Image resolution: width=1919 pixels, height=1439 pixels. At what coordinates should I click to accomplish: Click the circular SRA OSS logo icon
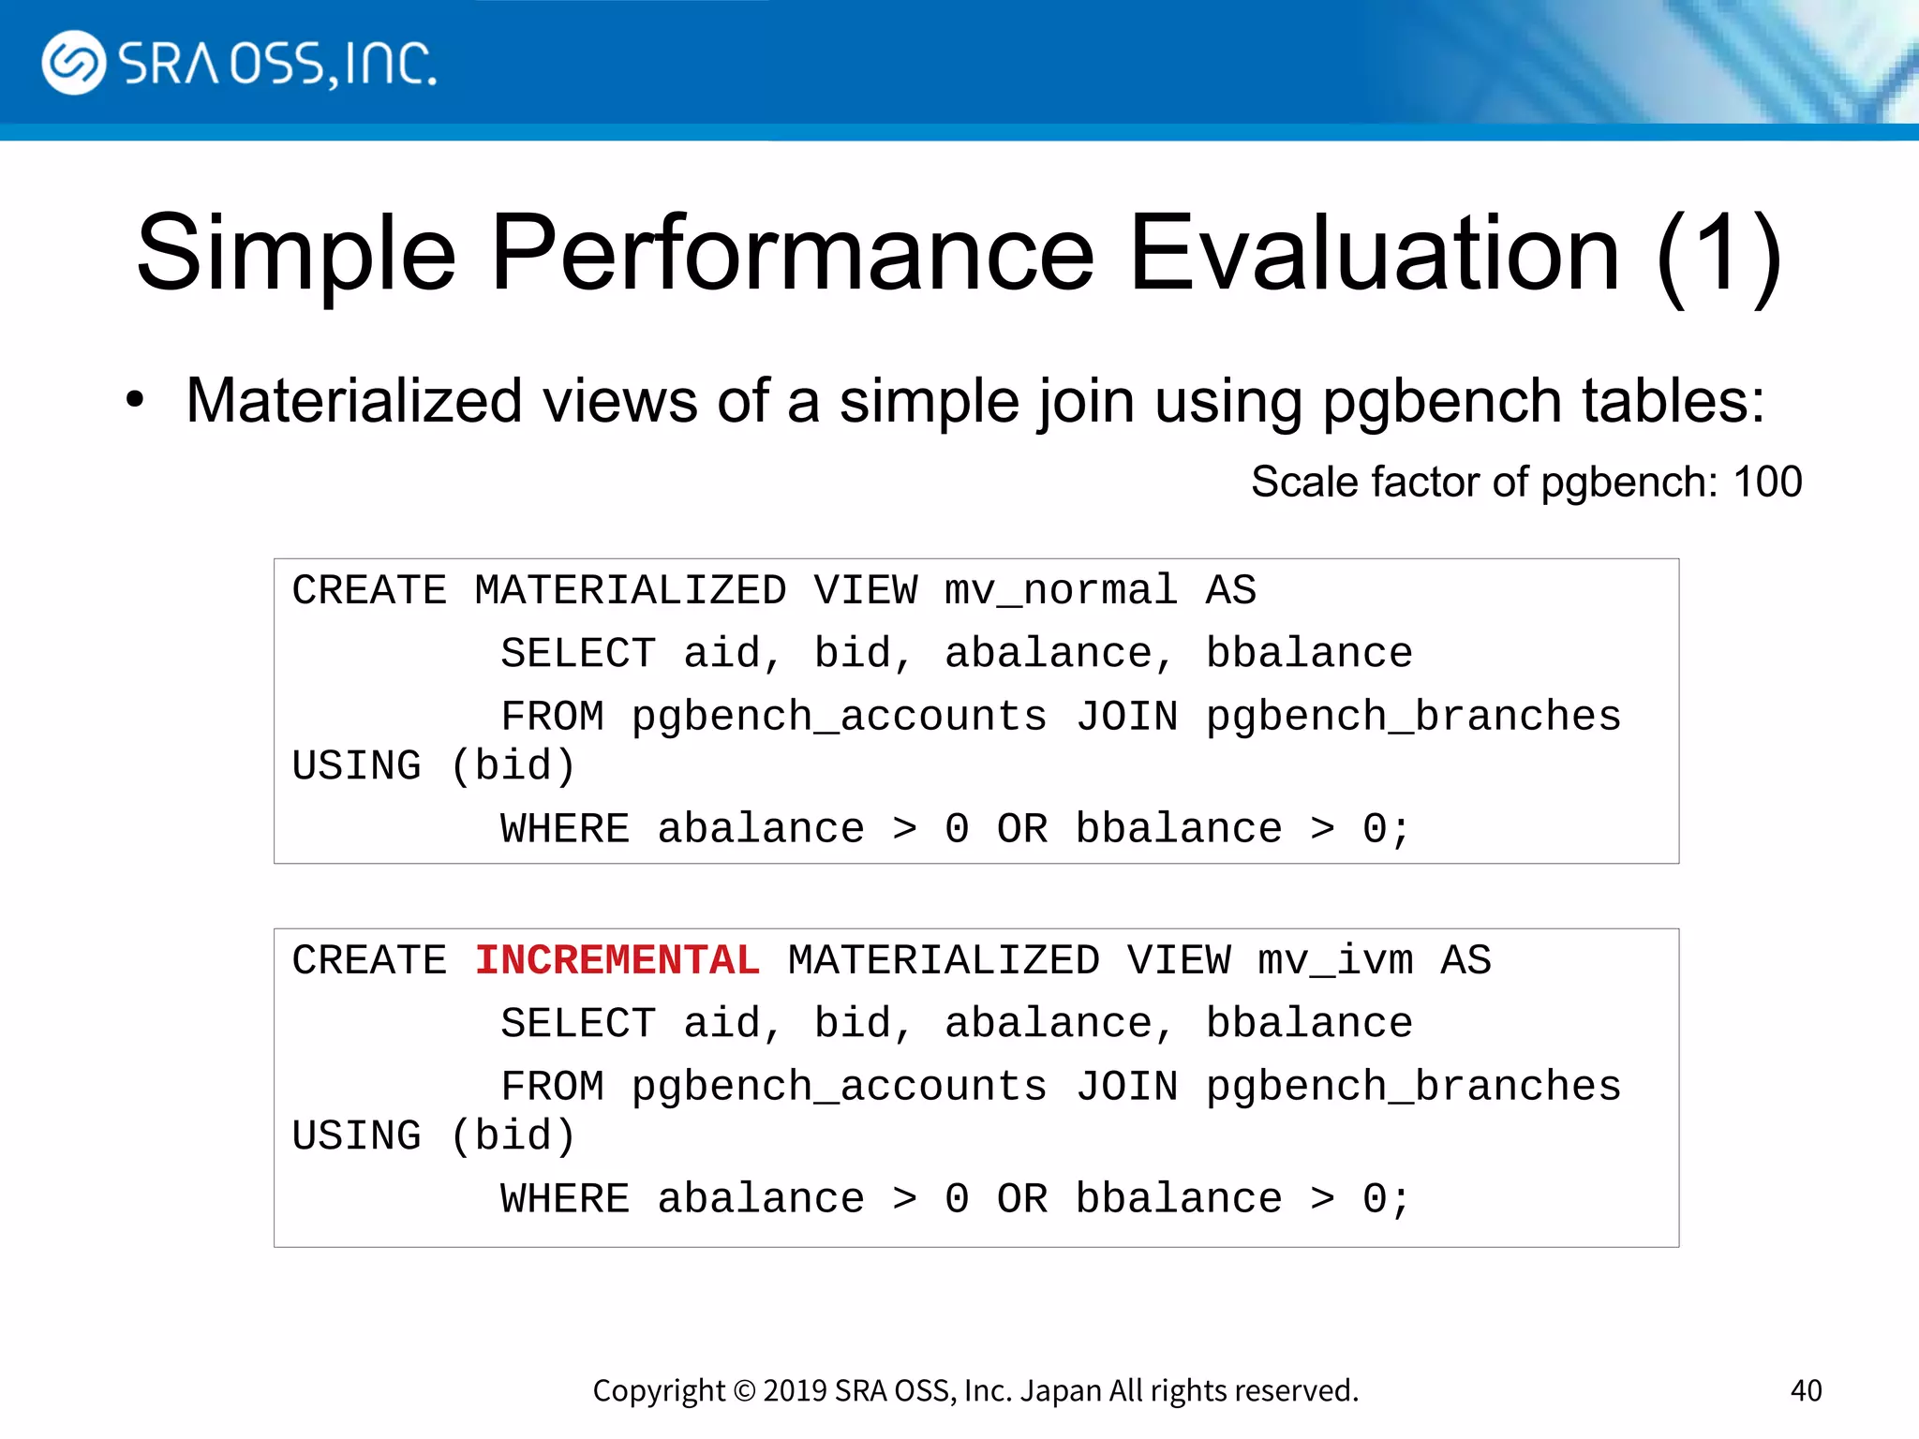click(x=73, y=63)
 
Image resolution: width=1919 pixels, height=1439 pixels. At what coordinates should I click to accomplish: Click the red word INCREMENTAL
click(x=617, y=961)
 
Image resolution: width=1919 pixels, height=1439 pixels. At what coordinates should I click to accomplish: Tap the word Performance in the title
click(x=792, y=253)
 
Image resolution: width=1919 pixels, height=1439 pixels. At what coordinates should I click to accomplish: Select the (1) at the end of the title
click(x=1718, y=255)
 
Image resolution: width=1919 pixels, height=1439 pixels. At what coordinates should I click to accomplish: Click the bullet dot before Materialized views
click(x=135, y=400)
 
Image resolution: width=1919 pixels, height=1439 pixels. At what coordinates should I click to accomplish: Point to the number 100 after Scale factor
click(x=1767, y=482)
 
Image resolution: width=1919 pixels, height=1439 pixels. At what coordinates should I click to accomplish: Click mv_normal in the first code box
click(x=1060, y=591)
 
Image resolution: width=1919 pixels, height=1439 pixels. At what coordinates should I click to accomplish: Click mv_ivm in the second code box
click(x=1334, y=961)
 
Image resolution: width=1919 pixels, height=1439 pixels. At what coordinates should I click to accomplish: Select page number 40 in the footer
click(x=1806, y=1390)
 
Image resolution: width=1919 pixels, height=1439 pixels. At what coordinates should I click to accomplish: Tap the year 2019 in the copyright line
click(x=795, y=1391)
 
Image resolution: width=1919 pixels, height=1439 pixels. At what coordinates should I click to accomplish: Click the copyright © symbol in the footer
click(x=744, y=1391)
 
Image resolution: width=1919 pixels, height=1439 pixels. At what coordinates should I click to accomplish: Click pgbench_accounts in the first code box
click(x=839, y=718)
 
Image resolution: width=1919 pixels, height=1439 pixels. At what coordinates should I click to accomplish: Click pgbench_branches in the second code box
click(x=1413, y=1088)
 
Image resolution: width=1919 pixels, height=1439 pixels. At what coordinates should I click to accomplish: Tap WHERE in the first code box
click(x=564, y=830)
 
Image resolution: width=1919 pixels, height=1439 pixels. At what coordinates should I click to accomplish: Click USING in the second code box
click(x=356, y=1137)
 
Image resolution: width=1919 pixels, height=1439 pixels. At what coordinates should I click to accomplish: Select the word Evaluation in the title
click(x=1374, y=253)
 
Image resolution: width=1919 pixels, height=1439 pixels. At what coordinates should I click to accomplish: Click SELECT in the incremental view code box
click(x=577, y=1024)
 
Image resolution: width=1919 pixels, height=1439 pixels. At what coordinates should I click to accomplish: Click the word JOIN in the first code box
click(x=1125, y=718)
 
